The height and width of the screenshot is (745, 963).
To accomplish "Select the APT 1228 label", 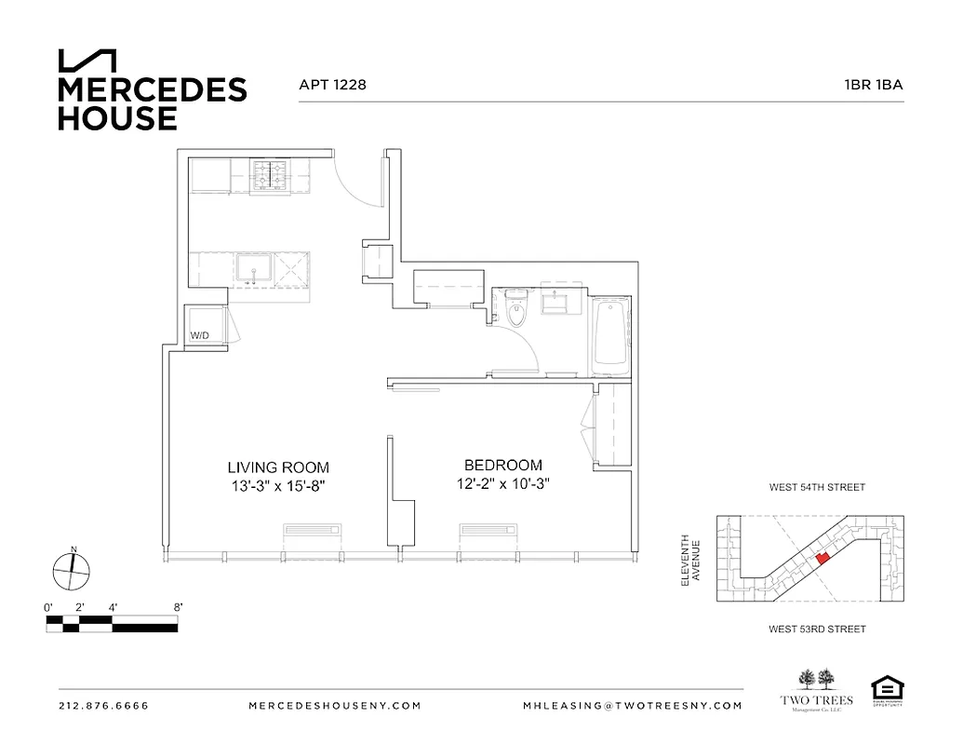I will [x=332, y=85].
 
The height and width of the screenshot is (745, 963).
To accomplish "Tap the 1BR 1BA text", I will [x=874, y=85].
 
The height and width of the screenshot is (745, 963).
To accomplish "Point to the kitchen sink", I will [x=251, y=269].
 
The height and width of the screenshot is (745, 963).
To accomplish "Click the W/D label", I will [x=200, y=335].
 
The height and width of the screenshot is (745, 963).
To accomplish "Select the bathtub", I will [x=610, y=335].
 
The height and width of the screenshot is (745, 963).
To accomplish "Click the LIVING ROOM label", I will [x=278, y=467].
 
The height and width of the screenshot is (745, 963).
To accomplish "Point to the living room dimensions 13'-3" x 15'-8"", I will [x=278, y=485].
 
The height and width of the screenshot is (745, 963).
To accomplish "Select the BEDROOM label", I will [x=502, y=465].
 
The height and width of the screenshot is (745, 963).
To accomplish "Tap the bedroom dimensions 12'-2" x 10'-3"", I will [x=502, y=483].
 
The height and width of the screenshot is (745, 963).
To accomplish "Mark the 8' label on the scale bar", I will [x=177, y=606].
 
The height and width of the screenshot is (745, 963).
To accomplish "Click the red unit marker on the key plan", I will [x=821, y=558].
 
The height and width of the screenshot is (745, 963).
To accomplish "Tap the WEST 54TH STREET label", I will [x=817, y=487].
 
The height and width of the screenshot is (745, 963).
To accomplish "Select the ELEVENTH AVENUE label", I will [x=689, y=559].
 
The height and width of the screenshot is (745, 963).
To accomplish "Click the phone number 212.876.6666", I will [x=103, y=705].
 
